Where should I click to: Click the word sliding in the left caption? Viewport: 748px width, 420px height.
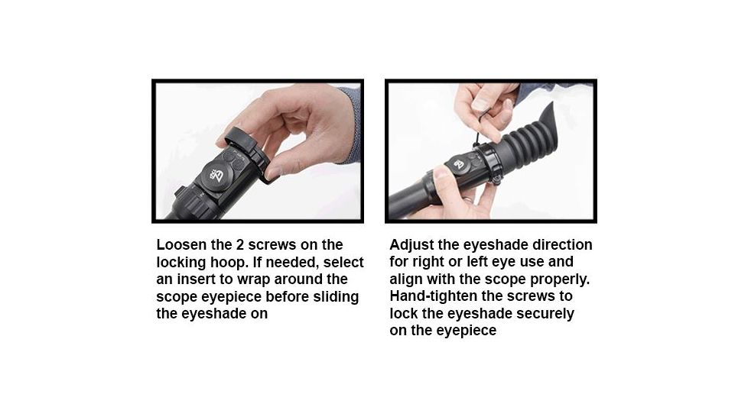[x=337, y=296]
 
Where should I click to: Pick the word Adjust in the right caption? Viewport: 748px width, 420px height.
[x=411, y=245]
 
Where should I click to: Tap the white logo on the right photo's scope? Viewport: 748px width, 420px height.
[x=458, y=163]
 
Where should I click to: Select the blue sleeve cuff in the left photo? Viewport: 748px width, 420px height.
[x=353, y=122]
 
